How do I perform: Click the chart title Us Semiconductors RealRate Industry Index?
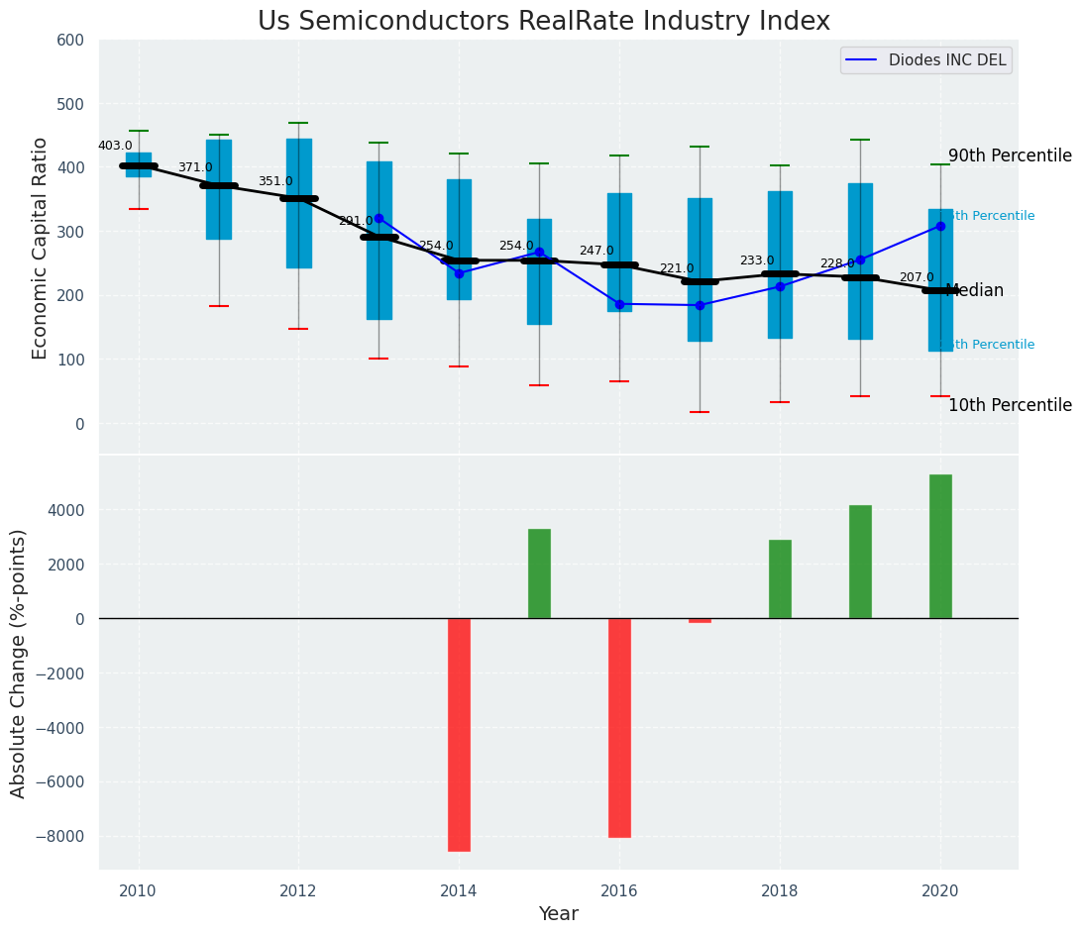coord(543,22)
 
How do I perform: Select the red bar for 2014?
coord(459,734)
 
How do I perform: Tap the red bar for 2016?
coord(619,727)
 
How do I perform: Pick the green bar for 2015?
coord(539,573)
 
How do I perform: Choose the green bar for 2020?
coord(940,546)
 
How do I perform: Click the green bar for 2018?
coord(780,578)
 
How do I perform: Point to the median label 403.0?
coord(115,146)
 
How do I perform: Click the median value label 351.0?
coord(275,181)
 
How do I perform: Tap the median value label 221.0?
coord(677,268)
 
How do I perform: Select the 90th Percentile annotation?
coord(1009,156)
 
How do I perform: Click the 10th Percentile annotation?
coord(1009,405)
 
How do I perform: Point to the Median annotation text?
coord(975,290)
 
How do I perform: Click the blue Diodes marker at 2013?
coord(379,218)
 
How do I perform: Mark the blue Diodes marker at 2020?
coord(940,226)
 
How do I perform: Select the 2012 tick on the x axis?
coord(298,891)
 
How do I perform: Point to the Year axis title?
coord(558,914)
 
